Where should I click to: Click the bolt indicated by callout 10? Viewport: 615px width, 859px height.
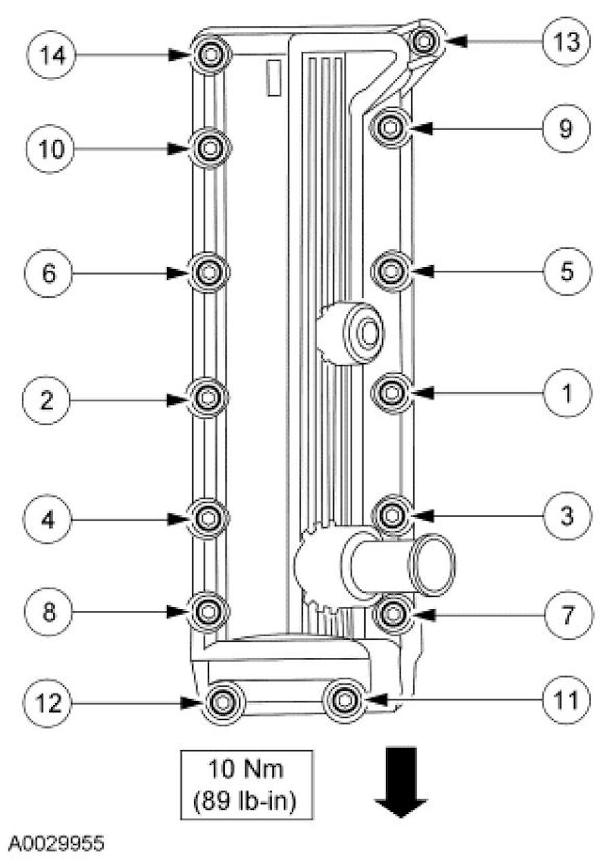[210, 147]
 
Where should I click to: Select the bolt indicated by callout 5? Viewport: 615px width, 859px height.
[391, 271]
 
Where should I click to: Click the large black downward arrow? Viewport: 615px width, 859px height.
[401, 780]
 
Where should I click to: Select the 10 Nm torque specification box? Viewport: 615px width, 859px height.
[246, 784]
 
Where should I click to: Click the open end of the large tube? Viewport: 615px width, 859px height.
[430, 565]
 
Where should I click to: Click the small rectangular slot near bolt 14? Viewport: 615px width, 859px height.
[273, 77]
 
